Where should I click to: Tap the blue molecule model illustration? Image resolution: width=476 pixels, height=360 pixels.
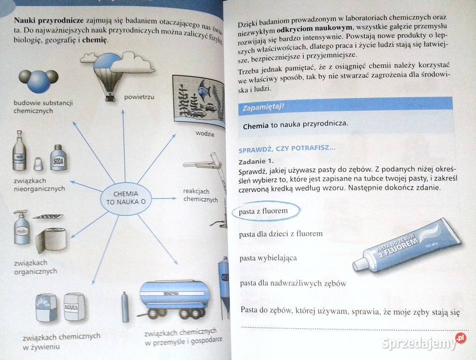point(39,80)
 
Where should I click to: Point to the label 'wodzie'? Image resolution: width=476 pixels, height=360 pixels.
point(205,134)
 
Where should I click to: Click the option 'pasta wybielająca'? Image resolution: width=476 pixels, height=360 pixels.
point(268,258)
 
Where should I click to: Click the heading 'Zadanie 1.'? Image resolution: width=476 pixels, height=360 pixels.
point(256,161)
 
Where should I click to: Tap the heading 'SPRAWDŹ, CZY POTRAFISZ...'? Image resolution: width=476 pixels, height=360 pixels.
point(286,148)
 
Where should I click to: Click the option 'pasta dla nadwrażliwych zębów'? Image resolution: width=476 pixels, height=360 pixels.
point(293,283)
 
